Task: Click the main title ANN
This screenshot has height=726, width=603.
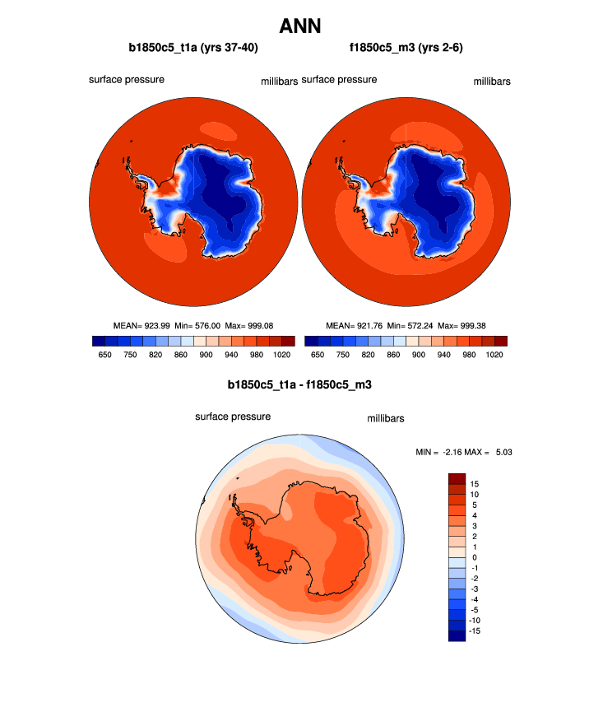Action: [300, 26]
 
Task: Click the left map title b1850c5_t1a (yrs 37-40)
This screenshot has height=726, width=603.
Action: [194, 48]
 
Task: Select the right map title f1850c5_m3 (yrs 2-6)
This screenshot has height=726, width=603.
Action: [406, 48]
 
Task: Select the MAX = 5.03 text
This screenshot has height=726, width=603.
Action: [493, 452]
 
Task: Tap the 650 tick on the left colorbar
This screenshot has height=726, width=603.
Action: [105, 354]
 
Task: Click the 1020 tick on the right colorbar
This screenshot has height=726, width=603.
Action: [494, 354]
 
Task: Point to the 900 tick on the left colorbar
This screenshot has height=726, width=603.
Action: [206, 354]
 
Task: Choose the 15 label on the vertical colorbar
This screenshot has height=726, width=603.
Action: [475, 483]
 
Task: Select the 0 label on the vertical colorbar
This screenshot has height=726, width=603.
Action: [474, 556]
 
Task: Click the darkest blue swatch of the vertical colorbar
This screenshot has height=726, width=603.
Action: [457, 634]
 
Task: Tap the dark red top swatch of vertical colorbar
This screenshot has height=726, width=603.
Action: [457, 478]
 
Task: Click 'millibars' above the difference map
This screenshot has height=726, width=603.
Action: [385, 419]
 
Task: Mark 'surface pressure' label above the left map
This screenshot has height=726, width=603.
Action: [127, 80]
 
